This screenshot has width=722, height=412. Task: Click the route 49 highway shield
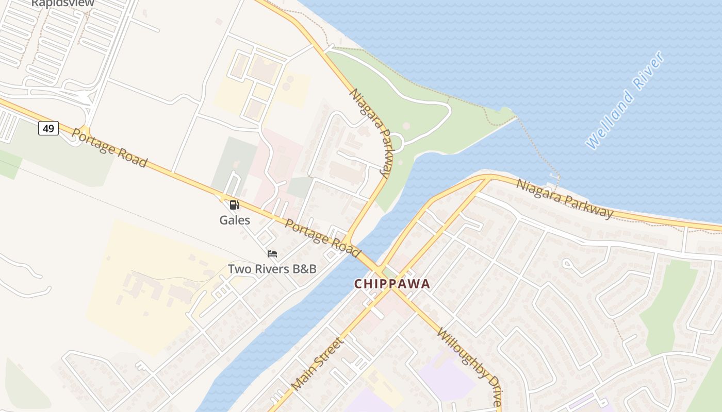point(48,128)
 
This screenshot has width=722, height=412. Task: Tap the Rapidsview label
point(62,3)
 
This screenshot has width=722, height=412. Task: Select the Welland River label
point(625,100)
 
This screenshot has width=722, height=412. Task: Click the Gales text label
point(235,220)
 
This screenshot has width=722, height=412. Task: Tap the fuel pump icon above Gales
point(234,205)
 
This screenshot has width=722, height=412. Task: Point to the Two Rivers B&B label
point(272,269)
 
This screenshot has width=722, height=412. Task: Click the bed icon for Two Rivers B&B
point(272,254)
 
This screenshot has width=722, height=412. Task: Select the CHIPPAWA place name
point(391,284)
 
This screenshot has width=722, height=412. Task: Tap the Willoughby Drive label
point(469,367)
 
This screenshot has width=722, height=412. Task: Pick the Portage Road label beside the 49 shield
point(109,148)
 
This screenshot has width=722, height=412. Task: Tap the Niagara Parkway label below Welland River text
point(565,199)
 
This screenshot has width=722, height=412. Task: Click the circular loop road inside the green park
point(396,141)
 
